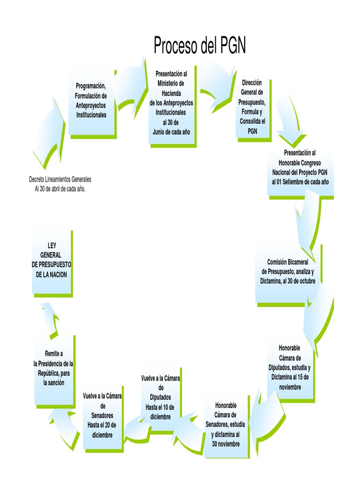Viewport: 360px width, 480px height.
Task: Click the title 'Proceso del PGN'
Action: (200, 46)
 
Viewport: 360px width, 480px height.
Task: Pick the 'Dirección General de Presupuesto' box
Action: (252, 107)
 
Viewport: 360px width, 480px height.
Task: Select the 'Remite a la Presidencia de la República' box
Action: (53, 370)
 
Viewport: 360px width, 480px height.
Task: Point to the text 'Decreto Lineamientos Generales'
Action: (60, 180)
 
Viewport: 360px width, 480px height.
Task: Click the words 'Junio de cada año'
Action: (171, 132)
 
